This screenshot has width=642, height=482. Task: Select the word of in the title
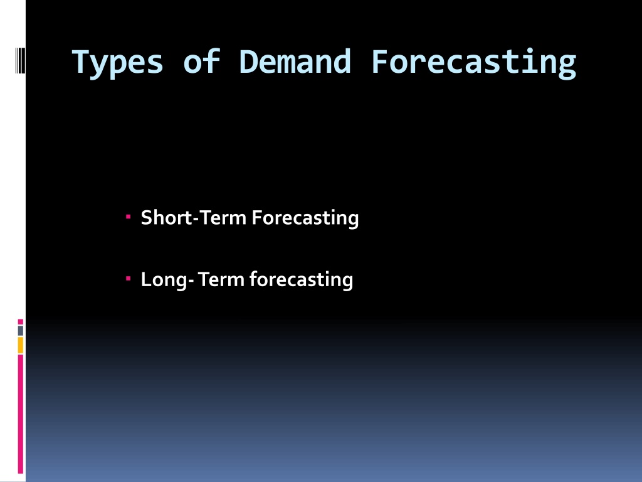click(x=202, y=62)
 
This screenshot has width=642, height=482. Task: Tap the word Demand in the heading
click(x=295, y=62)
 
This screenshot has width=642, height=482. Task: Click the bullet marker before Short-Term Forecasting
click(x=128, y=216)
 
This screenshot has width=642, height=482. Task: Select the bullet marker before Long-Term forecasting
click(x=128, y=278)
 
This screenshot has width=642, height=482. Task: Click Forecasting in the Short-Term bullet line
click(x=305, y=218)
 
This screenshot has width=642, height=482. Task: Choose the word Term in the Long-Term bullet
click(x=221, y=279)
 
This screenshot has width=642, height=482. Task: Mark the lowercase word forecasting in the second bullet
click(x=302, y=281)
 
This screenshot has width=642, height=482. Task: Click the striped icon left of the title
click(x=21, y=61)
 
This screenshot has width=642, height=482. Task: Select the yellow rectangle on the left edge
click(x=21, y=345)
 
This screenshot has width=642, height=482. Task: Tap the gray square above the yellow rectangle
click(x=21, y=330)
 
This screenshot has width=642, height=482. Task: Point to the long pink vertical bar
click(x=21, y=414)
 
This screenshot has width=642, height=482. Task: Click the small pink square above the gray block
click(x=21, y=322)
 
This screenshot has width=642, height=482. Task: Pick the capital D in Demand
click(x=249, y=62)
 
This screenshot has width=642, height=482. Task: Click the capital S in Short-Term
click(x=147, y=218)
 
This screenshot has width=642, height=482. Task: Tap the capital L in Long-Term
click(x=147, y=279)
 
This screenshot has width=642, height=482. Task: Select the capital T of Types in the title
click(x=82, y=62)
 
